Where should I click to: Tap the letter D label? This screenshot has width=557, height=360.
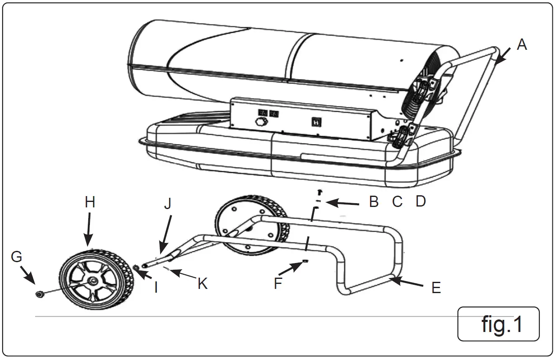pos(420,201)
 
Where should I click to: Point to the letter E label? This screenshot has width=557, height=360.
pos(436,288)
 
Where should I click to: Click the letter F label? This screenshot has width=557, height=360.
pos(278,283)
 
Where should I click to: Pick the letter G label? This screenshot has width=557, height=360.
pos(16,257)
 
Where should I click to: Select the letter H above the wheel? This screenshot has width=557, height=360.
pos(90,202)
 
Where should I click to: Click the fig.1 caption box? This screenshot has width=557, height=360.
pos(498,324)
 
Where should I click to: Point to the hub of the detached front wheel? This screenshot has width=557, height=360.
pos(92,281)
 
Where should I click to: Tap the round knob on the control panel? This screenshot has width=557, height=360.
pos(261,123)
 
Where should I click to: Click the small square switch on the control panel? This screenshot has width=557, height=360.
pos(317,122)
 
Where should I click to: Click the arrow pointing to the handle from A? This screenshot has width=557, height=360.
pos(502,55)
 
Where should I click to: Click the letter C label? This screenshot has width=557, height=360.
pos(397,202)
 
